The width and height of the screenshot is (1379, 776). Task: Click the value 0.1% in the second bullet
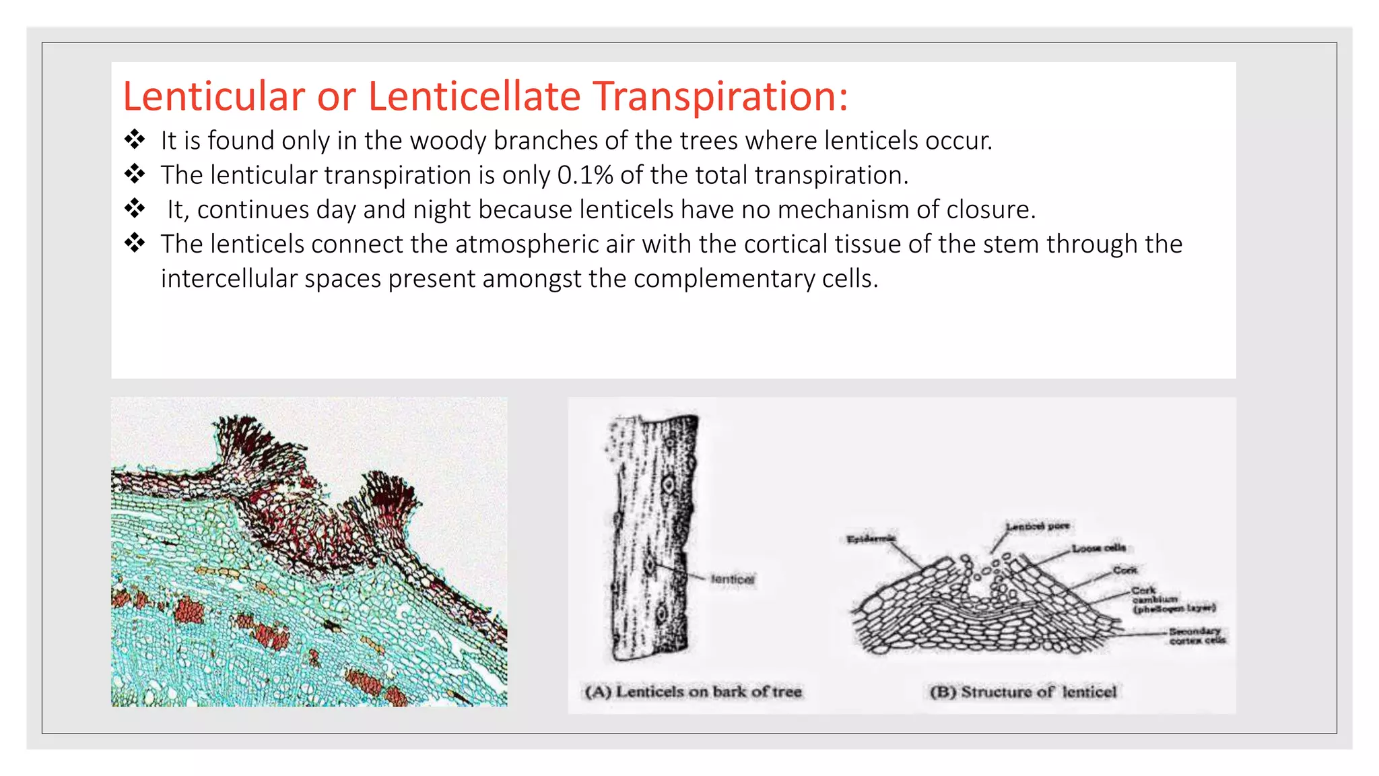point(584,175)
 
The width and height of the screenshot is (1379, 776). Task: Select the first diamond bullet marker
point(135,139)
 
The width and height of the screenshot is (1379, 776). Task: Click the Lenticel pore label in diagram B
point(1037,526)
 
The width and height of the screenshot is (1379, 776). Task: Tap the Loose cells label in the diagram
point(1098,548)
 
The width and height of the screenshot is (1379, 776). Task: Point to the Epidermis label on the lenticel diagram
point(871,539)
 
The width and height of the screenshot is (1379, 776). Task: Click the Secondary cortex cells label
point(1197,636)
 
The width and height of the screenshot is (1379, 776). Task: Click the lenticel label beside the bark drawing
point(733,579)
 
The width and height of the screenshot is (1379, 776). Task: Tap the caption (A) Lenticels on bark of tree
point(693,692)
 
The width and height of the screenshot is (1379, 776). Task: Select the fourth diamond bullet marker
point(135,243)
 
